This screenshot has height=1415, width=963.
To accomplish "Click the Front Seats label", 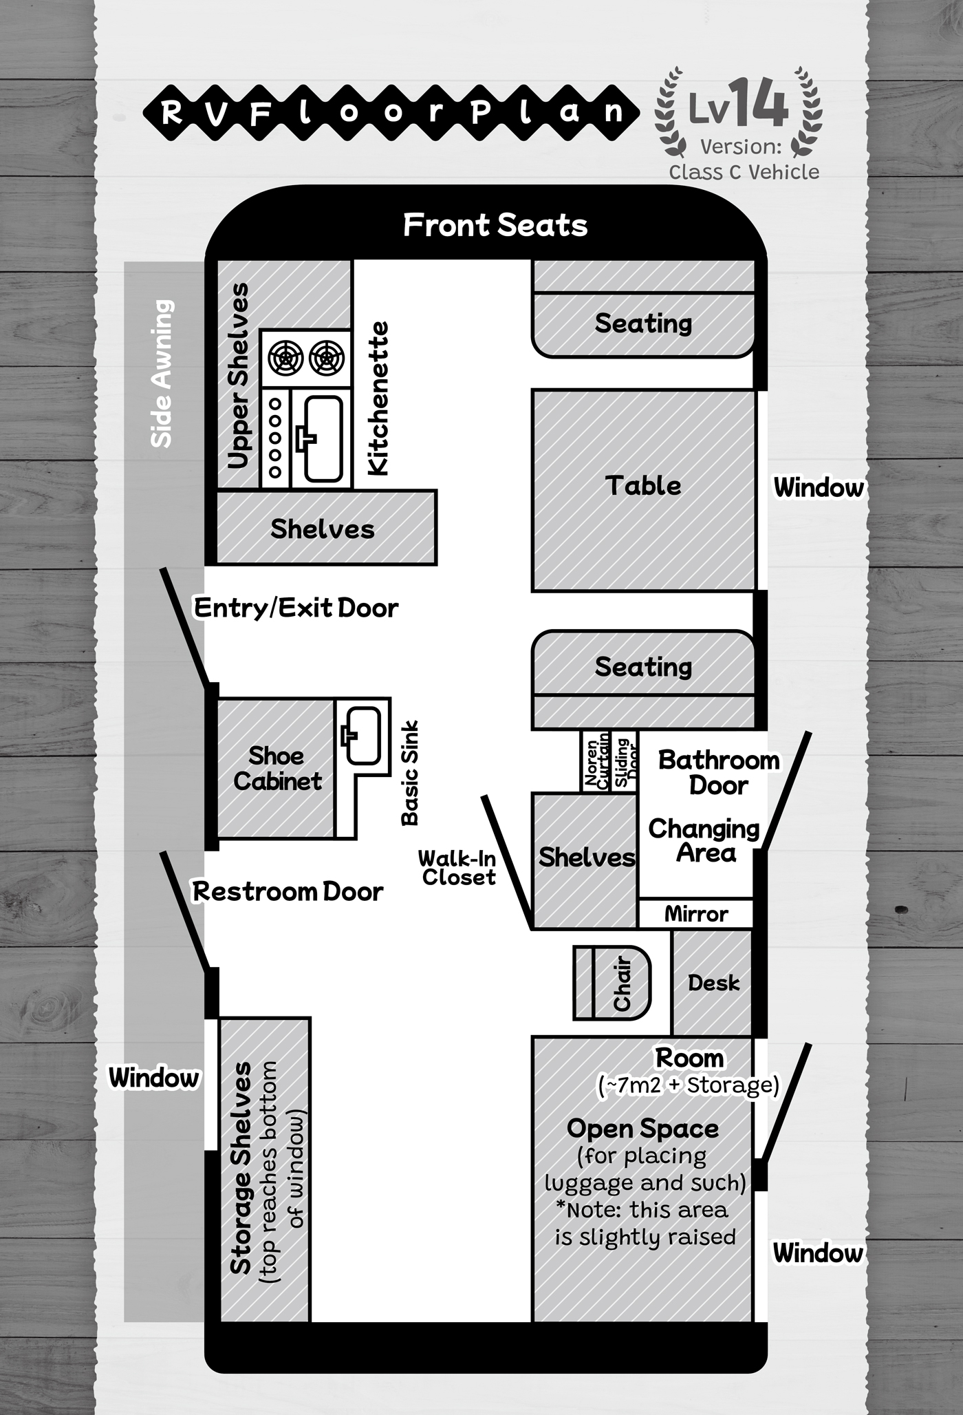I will pos(495,225).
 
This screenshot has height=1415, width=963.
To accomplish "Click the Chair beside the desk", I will pos(612,982).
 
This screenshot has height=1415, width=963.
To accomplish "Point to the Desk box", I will pos(713,983).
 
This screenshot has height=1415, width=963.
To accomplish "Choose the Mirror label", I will pos(695,914).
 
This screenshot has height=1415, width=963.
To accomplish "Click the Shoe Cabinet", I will pos(276,768).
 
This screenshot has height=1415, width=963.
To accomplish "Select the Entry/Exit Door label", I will pos(296,608).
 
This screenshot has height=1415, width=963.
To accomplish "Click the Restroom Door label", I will pos(288,891).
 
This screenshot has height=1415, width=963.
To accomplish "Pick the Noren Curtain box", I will pos(596,761).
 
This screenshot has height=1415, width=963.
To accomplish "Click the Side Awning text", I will pos(162,373).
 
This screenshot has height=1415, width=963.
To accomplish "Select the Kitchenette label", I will pos(378,398).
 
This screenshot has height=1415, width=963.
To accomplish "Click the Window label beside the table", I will pos(818,487).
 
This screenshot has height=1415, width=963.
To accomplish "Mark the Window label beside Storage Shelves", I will pos(154,1077).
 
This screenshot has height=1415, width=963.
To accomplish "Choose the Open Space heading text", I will pos(642,1129).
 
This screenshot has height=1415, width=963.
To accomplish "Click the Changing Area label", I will pos(703,840).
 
